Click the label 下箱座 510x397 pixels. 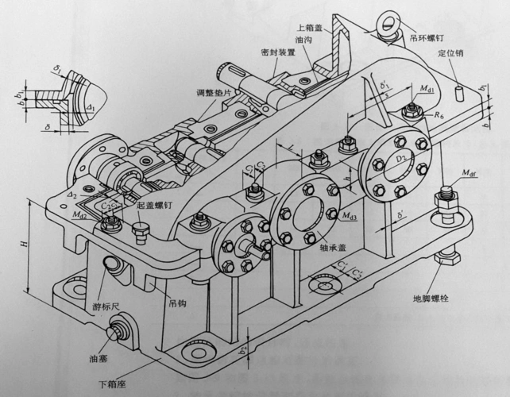click(x=113, y=387)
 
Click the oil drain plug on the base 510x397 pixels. click(x=124, y=327)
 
